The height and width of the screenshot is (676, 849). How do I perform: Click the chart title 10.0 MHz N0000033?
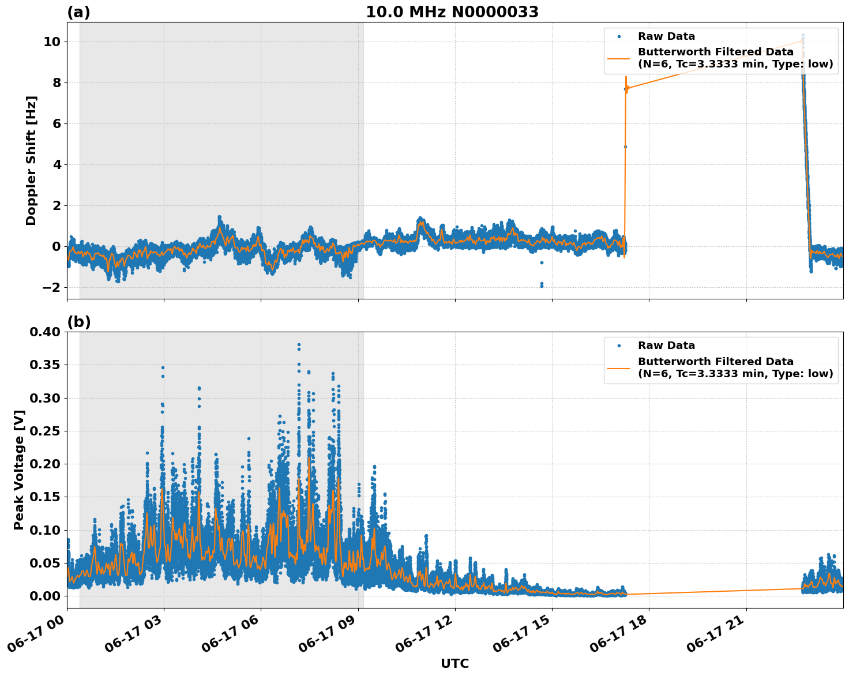click(452, 12)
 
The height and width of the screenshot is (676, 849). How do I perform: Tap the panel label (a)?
click(78, 12)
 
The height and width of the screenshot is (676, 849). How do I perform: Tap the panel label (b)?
click(78, 322)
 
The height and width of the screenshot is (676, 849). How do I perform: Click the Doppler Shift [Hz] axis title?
click(31, 160)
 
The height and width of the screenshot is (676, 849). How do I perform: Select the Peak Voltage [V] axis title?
click(19, 470)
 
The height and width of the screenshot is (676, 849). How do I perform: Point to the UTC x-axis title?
click(454, 663)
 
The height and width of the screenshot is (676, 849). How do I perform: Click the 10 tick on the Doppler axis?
click(52, 42)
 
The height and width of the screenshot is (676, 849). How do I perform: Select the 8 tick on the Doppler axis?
click(56, 82)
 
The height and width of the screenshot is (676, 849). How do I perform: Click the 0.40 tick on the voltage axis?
click(44, 332)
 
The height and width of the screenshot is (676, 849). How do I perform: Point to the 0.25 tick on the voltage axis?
click(44, 431)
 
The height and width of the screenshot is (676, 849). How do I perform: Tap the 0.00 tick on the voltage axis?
click(44, 596)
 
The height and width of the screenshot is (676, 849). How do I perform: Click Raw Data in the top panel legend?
click(666, 36)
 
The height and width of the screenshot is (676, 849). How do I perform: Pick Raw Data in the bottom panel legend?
click(666, 345)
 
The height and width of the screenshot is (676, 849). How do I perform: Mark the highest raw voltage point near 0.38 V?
click(299, 345)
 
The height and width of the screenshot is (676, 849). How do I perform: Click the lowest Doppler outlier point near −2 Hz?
click(542, 286)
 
